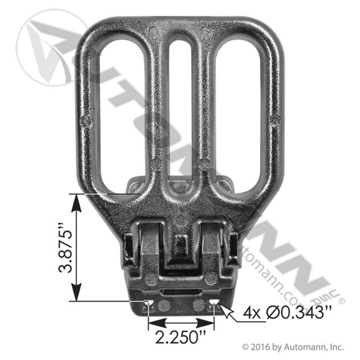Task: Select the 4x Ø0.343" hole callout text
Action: pyautogui.click(x=287, y=313)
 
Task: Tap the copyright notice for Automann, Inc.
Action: pyautogui.click(x=293, y=347)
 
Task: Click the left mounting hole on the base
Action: pyautogui.click(x=149, y=302)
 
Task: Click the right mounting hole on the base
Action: pyautogui.click(x=214, y=302)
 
